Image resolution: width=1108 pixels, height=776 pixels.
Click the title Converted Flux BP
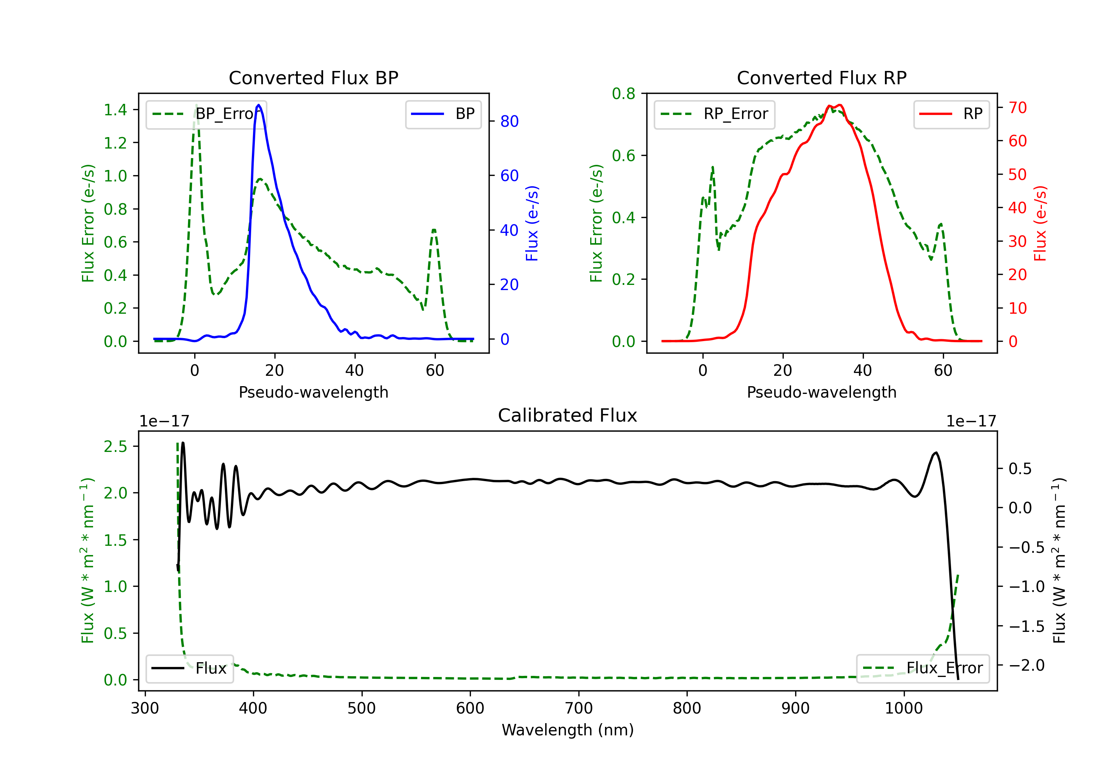pyautogui.click(x=313, y=78)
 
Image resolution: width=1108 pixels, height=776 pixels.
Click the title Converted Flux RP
pyautogui.click(x=821, y=78)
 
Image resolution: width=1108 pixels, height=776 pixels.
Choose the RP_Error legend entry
pyautogui.click(x=715, y=114)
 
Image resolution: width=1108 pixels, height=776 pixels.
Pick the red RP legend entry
pyautogui.click(x=951, y=114)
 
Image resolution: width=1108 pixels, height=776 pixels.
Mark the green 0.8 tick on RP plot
pyautogui.click(x=623, y=94)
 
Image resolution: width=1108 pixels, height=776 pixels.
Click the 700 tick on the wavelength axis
pyautogui.click(x=579, y=708)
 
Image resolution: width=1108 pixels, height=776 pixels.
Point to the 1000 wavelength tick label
pyautogui.click(x=903, y=708)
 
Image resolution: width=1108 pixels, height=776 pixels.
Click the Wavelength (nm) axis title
pyautogui.click(x=568, y=730)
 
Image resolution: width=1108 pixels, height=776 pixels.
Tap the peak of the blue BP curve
pyautogui.click(x=259, y=105)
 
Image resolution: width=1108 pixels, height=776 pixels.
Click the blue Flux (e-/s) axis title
pyautogui.click(x=532, y=223)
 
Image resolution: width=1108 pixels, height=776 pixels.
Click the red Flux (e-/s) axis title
pyautogui.click(x=1040, y=223)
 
